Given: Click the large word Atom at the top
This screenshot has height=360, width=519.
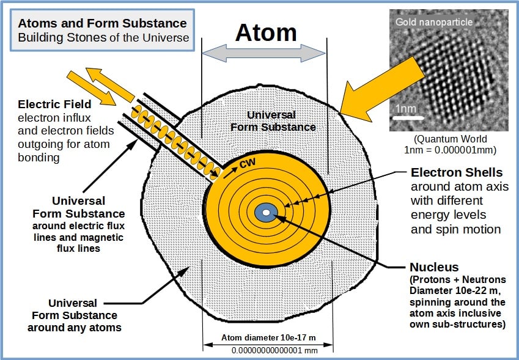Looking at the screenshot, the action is click(266, 32).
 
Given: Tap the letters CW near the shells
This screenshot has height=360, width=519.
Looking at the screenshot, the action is click(248, 163).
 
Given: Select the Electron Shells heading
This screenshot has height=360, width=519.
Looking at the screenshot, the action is click(457, 172).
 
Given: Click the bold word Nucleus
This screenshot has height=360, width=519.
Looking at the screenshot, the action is click(434, 267).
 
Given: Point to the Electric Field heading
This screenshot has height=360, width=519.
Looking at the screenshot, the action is click(54, 105).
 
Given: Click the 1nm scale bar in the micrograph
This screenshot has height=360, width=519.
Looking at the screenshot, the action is click(408, 118).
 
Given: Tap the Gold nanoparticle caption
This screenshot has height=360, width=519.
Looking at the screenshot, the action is click(433, 22).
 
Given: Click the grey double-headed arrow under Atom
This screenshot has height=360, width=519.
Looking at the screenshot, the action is click(264, 53).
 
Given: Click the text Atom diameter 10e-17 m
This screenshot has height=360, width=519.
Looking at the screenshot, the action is click(268, 338).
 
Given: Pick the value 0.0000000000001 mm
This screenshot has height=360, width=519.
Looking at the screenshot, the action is click(274, 350).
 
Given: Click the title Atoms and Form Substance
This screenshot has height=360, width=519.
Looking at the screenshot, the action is click(102, 23).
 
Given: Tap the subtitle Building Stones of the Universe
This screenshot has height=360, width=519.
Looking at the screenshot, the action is click(103, 37).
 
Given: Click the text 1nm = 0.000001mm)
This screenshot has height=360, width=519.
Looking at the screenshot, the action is click(450, 150).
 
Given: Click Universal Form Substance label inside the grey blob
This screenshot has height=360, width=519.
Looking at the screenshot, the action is click(273, 121).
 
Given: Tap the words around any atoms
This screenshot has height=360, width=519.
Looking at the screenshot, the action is click(75, 328).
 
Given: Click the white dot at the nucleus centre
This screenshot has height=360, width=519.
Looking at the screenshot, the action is click(266, 213).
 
